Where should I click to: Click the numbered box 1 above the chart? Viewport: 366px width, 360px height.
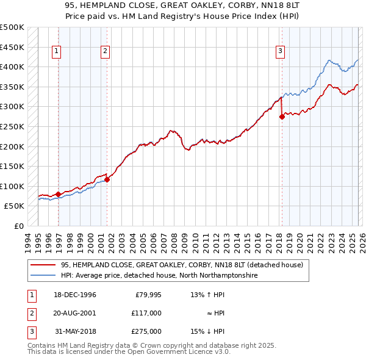(x=56, y=51)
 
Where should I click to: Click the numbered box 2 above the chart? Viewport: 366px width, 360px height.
(x=105, y=51)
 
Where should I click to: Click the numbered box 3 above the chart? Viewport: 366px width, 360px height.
(x=280, y=51)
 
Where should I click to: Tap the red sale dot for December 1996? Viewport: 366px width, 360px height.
(x=59, y=194)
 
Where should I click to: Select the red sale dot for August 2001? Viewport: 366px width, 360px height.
(x=107, y=179)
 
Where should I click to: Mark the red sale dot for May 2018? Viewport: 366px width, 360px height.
(x=282, y=117)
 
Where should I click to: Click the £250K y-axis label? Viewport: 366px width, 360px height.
(x=12, y=127)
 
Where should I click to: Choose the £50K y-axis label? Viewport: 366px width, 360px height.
(x=14, y=206)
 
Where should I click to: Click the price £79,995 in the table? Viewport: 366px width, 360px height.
(x=148, y=295)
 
